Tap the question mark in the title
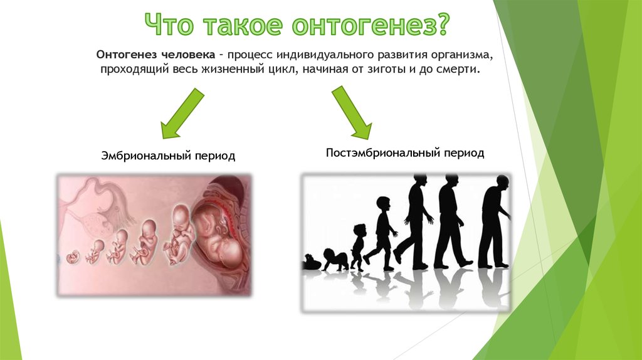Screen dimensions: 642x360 [440, 24]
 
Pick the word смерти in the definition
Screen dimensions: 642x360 [459, 69]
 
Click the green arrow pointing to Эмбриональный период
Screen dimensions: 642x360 [181, 114]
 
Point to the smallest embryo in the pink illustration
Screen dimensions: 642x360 [73, 257]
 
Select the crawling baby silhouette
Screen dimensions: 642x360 [335, 260]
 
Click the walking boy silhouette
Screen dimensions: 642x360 [381, 233]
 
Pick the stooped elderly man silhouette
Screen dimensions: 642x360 [495, 221]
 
